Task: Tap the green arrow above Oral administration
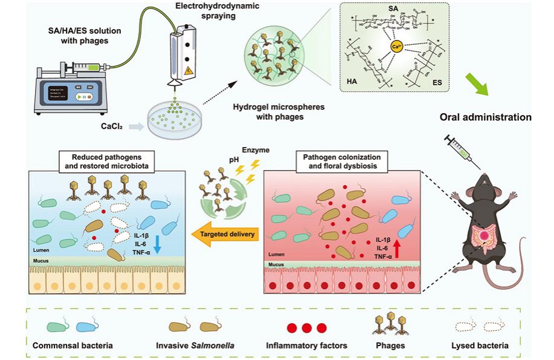480,85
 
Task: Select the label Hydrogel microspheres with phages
279,112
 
